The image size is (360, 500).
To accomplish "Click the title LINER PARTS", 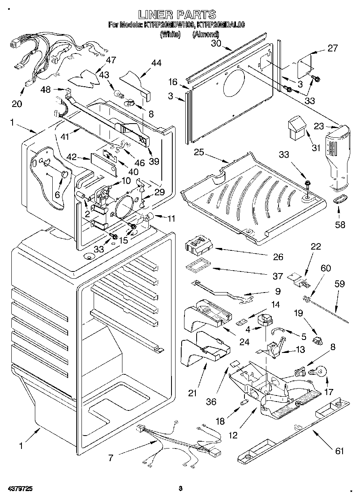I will [x=177, y=15].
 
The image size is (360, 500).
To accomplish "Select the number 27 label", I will [x=332, y=49].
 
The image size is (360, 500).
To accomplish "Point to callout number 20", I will [x=17, y=104].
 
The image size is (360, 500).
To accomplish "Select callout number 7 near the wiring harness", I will [x=111, y=458].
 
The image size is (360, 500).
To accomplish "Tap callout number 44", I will [x=156, y=63].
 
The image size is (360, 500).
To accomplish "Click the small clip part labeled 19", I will [x=317, y=340].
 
